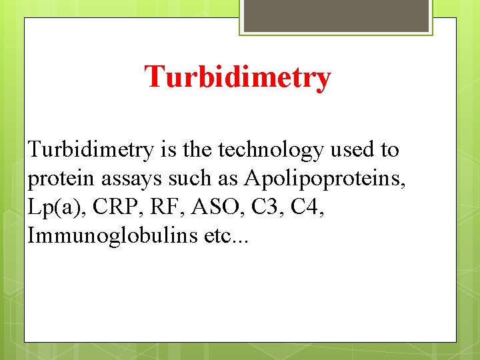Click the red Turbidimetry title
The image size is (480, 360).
(237, 77)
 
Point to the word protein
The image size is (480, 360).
(57, 179)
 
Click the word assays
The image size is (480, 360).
(120, 179)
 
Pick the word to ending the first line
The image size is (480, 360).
(389, 150)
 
